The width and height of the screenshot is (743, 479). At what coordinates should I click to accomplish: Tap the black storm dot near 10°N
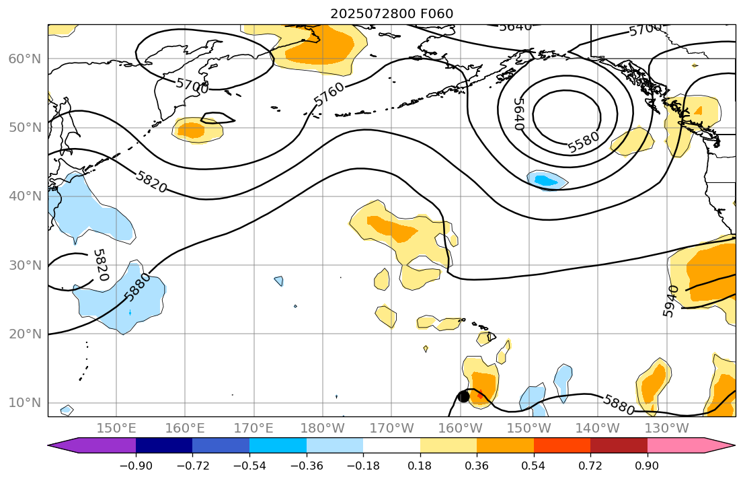pyautogui.click(x=463, y=396)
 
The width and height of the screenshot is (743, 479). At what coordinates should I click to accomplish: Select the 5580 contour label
pyautogui.click(x=583, y=142)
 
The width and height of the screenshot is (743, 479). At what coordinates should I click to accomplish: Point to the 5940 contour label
pyautogui.click(x=670, y=301)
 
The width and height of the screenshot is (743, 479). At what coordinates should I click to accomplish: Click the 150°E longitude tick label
pyautogui.click(x=116, y=428)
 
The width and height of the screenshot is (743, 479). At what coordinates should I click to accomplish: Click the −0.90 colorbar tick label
pyautogui.click(x=135, y=466)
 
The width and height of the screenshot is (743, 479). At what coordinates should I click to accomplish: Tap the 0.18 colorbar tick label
pyautogui.click(x=420, y=466)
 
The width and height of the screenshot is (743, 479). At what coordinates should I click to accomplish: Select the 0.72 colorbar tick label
pyautogui.click(x=590, y=466)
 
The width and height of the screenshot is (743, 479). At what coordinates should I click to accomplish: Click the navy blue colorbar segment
pyautogui.click(x=164, y=445)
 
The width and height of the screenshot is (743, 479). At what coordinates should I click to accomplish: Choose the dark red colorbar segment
pyautogui.click(x=619, y=445)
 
